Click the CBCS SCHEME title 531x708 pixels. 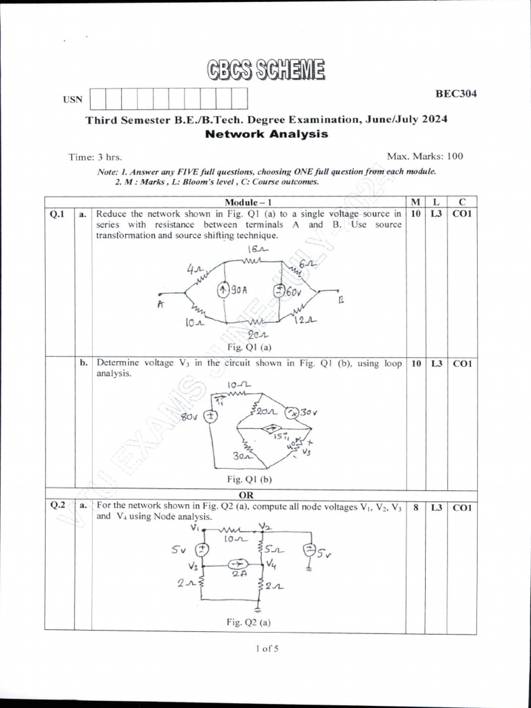point(265,69)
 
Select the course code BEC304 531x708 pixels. point(456,93)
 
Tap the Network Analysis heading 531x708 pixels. point(266,134)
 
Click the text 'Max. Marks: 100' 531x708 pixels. point(426,156)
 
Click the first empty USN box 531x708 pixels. point(98,98)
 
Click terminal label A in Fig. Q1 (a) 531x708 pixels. point(160,304)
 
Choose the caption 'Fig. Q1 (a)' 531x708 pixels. point(248,346)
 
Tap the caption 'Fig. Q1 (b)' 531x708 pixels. point(248,478)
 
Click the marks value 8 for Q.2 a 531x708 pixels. point(415,507)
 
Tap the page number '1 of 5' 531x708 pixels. point(265,649)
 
